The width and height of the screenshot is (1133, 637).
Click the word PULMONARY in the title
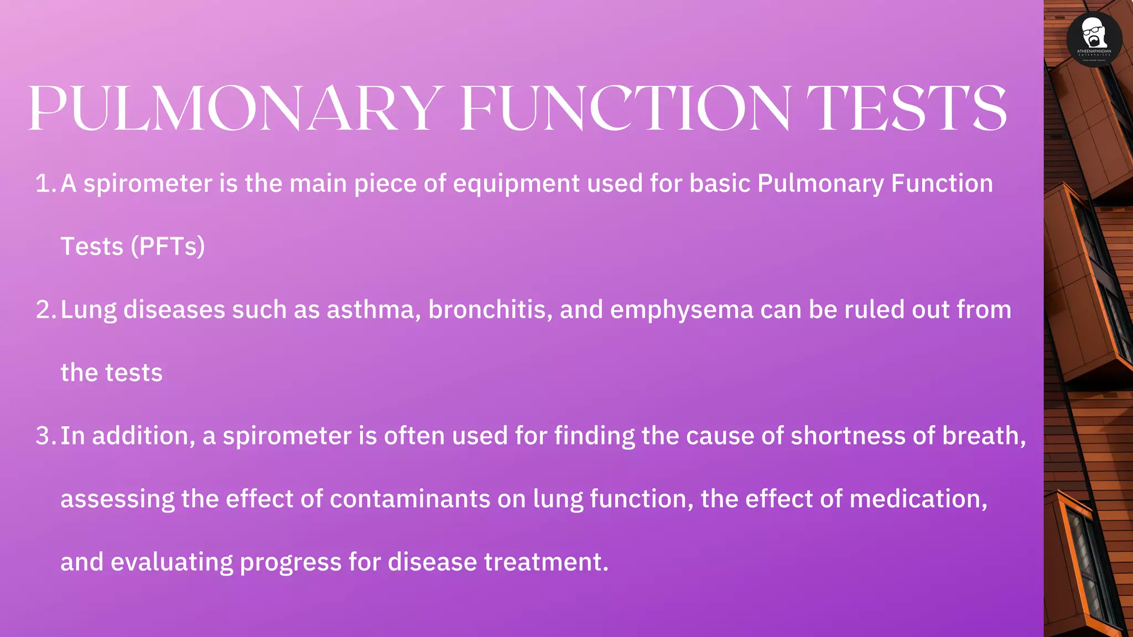pyautogui.click(x=235, y=108)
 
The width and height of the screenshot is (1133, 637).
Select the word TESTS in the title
pyautogui.click(x=906, y=108)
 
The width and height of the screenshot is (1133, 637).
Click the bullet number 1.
pyautogui.click(x=44, y=184)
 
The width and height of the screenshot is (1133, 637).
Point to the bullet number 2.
pyautogui.click(x=44, y=310)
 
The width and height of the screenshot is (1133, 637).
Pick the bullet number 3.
pyautogui.click(x=44, y=436)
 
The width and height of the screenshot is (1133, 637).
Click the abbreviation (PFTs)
pyautogui.click(x=168, y=247)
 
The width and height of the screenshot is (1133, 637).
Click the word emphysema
pyautogui.click(x=682, y=310)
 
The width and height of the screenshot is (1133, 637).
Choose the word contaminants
pyautogui.click(x=410, y=499)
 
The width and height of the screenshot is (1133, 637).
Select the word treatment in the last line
pyautogui.click(x=545, y=562)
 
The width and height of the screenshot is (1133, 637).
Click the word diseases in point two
pyautogui.click(x=174, y=310)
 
